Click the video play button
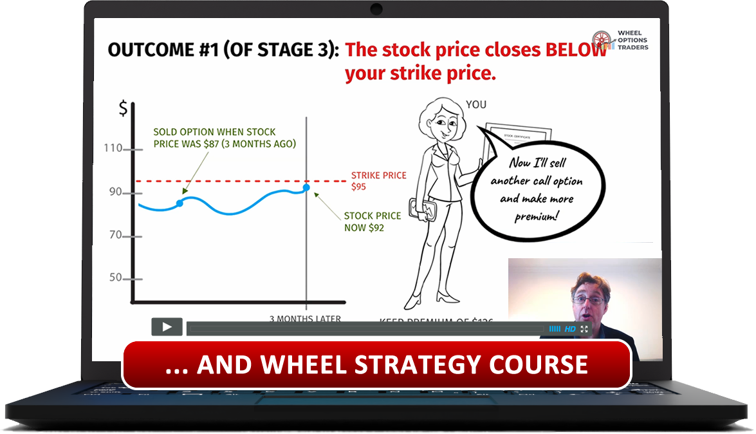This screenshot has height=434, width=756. pos(167,326)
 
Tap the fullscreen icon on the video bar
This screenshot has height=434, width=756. pos(584,329)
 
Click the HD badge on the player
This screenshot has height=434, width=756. pos(570,329)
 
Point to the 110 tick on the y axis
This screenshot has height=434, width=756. pos(113,149)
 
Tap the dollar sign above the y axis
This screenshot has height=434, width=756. pos(123,108)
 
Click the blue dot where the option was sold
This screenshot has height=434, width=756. pos(180,203)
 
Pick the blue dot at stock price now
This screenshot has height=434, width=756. pos(306,187)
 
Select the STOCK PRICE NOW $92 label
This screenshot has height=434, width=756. pos(372,222)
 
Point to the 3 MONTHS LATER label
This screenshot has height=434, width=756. pos(304,318)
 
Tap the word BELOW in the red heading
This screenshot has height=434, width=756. pos(574,51)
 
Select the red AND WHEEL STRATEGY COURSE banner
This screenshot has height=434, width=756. pos(376,364)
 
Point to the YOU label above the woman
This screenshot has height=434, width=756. pos(476,104)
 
